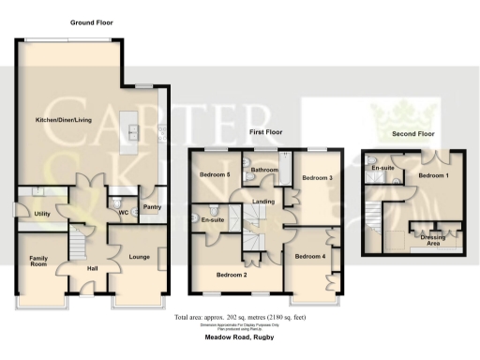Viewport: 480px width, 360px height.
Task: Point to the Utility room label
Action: coord(41,214)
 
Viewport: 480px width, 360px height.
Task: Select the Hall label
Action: coord(93,269)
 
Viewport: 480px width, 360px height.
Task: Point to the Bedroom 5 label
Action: coord(214,174)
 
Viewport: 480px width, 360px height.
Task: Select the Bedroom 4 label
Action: coord(309,256)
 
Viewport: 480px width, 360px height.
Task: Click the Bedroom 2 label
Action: coord(232,275)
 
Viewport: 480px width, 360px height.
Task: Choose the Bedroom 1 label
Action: coord(433,176)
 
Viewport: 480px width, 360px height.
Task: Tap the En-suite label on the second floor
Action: coord(382,168)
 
